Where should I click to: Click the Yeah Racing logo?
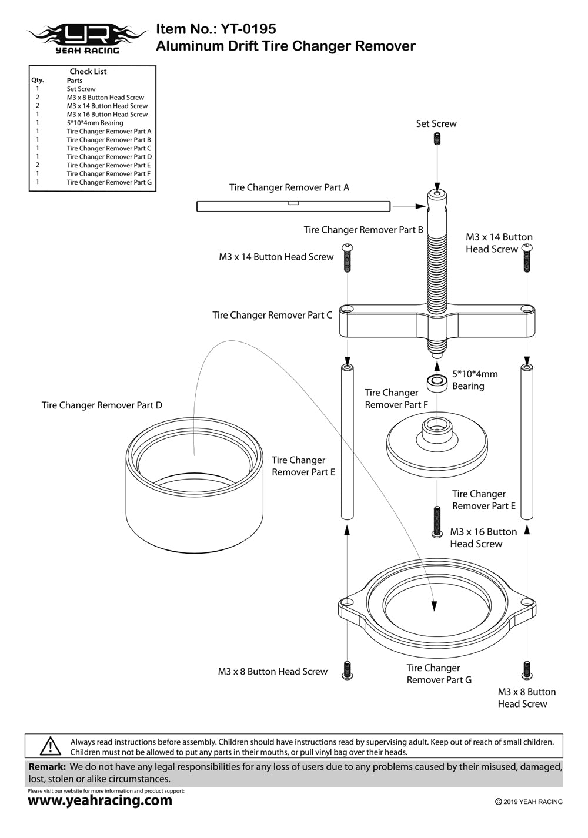(x=87, y=38)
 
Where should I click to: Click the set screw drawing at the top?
(x=436, y=139)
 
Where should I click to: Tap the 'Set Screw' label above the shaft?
(x=436, y=123)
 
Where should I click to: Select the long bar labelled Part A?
(x=293, y=206)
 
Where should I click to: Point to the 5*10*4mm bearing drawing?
(x=437, y=383)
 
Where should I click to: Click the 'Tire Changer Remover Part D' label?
(x=102, y=405)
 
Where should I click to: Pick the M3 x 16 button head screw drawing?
(x=437, y=521)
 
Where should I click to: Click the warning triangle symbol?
(x=51, y=746)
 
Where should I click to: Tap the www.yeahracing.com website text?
(x=100, y=800)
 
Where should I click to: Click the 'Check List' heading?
(x=88, y=72)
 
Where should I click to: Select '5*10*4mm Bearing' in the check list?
(x=95, y=123)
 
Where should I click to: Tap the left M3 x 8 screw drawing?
(x=347, y=670)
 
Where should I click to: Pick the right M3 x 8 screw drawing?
(x=527, y=670)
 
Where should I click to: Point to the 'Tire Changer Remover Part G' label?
(x=439, y=674)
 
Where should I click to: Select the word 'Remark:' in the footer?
(x=47, y=767)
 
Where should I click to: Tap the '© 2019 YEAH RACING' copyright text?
(x=529, y=802)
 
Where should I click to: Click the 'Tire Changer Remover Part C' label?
(x=272, y=316)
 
